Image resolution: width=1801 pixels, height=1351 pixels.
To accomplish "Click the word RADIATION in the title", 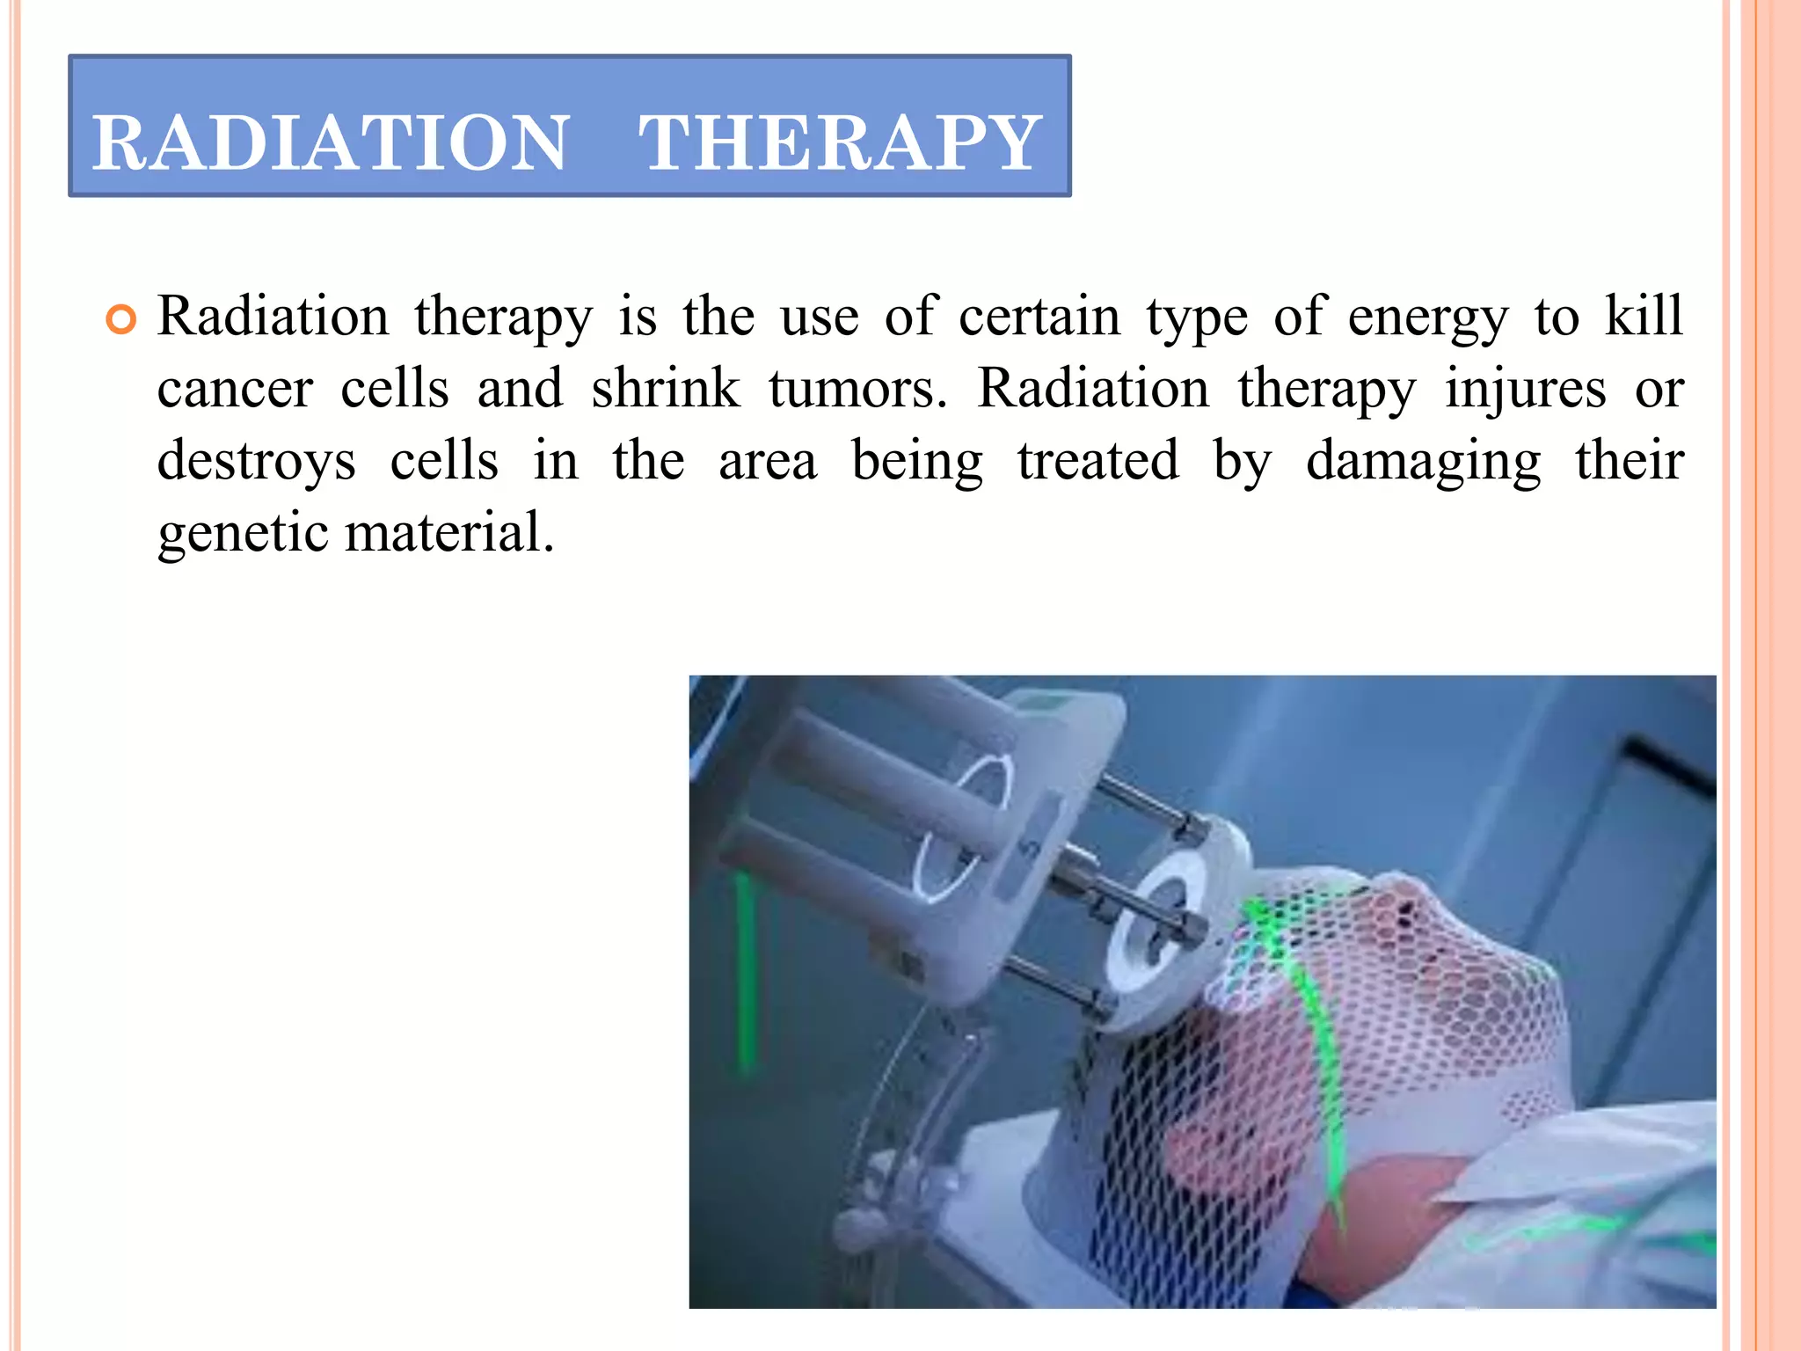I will (331, 142).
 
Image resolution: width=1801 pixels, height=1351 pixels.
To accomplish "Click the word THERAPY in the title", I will (839, 142).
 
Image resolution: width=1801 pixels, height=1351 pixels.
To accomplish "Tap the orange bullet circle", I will (121, 320).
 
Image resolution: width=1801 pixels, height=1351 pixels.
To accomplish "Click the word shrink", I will (665, 389).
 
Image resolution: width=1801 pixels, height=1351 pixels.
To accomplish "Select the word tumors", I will (857, 389).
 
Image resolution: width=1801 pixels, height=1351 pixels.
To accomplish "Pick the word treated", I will (1097, 461).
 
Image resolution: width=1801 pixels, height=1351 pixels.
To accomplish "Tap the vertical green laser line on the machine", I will (746, 968).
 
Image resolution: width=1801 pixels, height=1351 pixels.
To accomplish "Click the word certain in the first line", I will (1039, 317).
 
